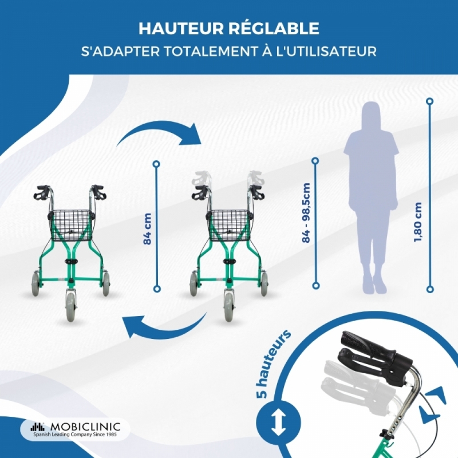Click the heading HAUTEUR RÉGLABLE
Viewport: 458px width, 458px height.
tap(228, 28)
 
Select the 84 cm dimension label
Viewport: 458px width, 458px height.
tap(148, 228)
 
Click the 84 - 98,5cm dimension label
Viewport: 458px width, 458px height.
tap(306, 212)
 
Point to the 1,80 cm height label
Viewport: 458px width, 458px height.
tap(418, 222)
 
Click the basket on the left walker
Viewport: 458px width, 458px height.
tap(71, 225)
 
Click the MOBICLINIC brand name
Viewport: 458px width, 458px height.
tap(85, 426)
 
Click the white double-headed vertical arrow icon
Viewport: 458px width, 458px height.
tap(278, 423)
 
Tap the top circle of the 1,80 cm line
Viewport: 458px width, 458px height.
tap(429, 102)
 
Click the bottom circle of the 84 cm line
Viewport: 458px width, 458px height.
tap(157, 289)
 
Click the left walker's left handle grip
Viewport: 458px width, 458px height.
tap(42, 193)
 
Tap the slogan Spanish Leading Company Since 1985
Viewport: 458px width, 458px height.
tap(75, 435)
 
